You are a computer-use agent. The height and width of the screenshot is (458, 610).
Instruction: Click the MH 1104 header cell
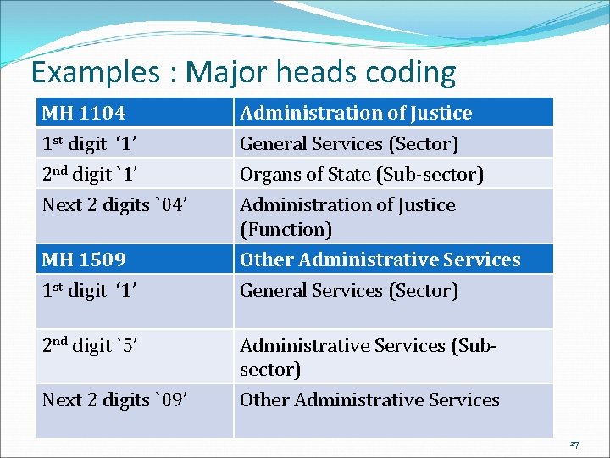coord(135,113)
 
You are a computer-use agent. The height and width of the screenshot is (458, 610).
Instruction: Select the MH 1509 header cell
coord(135,260)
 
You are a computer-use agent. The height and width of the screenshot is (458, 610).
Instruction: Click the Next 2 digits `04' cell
coord(135,205)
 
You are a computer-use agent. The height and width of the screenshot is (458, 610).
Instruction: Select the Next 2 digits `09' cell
coord(135,400)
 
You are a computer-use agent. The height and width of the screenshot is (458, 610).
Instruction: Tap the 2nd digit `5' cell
coord(135,346)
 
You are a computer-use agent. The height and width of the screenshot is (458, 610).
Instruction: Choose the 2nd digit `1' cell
coord(135,174)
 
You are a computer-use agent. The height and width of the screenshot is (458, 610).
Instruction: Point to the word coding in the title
coord(410,74)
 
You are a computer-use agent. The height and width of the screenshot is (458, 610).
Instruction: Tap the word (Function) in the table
coord(286,230)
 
